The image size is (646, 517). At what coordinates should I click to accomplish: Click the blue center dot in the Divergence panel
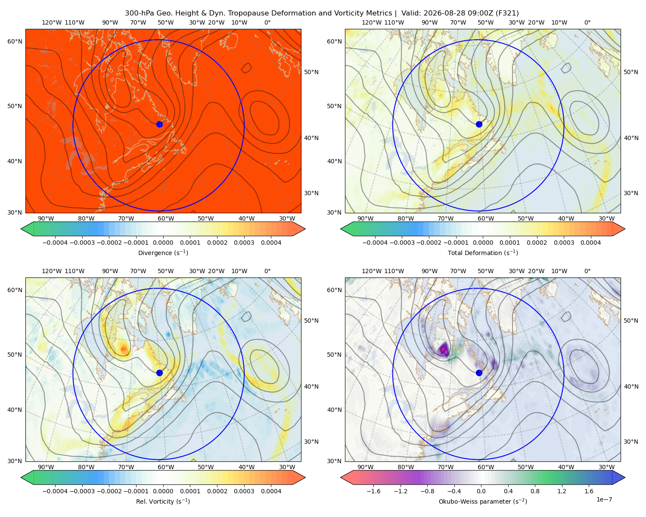tap(159, 124)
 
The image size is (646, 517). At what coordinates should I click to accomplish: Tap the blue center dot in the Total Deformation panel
tap(479, 124)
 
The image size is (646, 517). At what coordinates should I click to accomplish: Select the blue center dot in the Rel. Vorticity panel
tap(159, 373)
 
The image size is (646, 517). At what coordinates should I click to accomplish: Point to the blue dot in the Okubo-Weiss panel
tap(479, 373)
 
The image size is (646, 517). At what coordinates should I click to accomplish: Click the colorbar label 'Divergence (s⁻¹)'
tap(163, 252)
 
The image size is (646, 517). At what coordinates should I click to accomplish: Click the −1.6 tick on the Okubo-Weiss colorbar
tap(373, 491)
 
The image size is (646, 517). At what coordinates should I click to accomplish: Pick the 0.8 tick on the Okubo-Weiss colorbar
tap(535, 491)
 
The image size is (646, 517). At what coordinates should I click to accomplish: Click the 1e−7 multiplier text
tap(604, 499)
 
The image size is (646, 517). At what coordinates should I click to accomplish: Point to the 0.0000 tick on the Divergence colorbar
tap(163, 243)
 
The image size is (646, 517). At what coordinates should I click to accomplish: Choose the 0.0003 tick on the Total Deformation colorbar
tap(564, 243)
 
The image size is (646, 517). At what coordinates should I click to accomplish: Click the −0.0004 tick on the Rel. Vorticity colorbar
tap(55, 491)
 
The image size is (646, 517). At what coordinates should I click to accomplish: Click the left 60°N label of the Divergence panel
tap(15, 41)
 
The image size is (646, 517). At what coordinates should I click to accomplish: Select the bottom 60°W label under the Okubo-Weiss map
tap(486, 467)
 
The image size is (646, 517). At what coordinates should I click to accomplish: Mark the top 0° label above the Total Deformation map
tap(587, 22)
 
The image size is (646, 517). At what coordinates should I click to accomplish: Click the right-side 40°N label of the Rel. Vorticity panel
tap(311, 386)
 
